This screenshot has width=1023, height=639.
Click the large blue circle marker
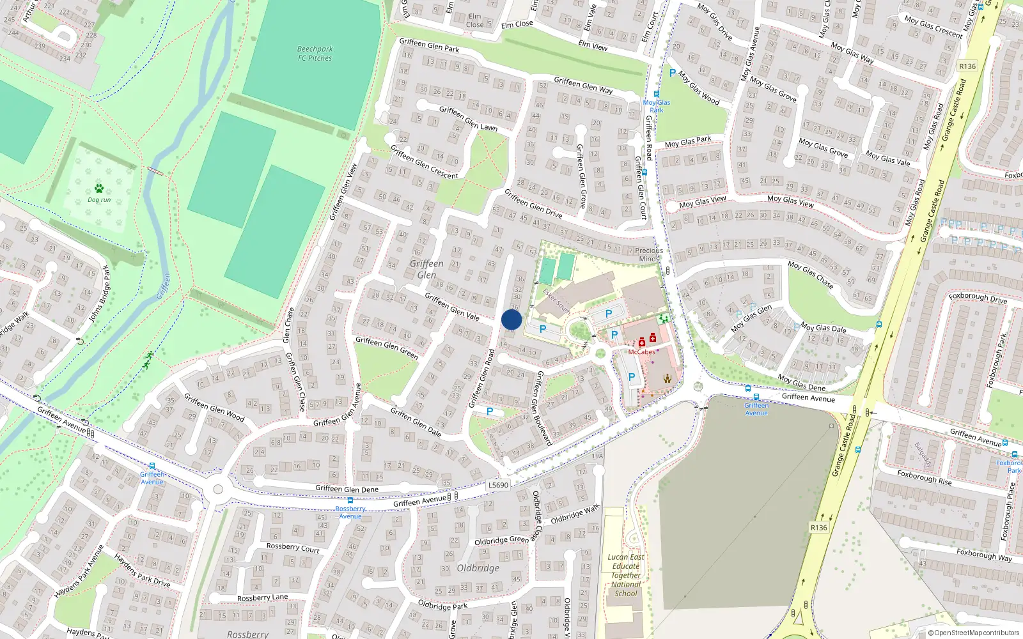tap(511, 320)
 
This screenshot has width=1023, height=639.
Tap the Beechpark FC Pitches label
tap(315, 54)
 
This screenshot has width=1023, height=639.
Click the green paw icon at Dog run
tap(99, 189)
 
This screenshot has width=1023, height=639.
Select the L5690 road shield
tap(498, 485)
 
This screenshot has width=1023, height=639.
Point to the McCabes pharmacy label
tap(641, 352)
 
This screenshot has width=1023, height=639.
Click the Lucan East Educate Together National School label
tap(626, 575)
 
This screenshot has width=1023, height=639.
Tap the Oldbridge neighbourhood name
tap(478, 568)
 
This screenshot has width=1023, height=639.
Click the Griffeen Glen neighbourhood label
tap(426, 269)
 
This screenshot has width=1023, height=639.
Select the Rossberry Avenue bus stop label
tap(350, 512)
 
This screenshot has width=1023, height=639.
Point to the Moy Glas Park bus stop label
tap(657, 106)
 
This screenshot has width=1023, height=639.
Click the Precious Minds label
tap(649, 254)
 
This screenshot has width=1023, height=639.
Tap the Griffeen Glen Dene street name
tap(347, 489)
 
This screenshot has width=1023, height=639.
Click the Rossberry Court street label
tap(292, 548)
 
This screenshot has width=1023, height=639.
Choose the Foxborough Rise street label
tap(924, 478)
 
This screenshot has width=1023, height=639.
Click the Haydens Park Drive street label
tap(142, 571)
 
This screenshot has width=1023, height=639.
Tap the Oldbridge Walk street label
tap(575, 514)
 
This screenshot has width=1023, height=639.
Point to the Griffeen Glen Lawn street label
tap(468, 118)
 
